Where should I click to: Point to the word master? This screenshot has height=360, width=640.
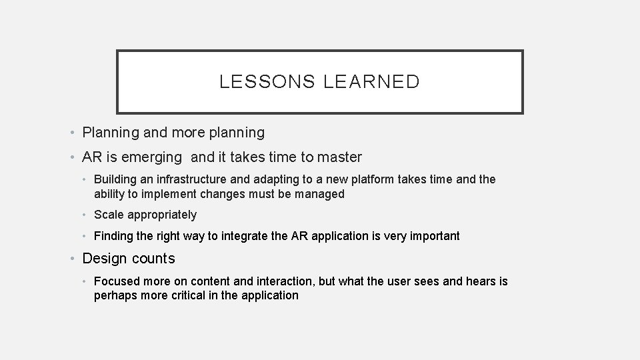coord(340,157)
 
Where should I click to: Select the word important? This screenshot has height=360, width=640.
coord(433,236)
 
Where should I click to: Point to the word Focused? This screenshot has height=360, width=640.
coord(116,281)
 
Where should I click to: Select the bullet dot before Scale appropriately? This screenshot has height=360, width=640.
coord(86,215)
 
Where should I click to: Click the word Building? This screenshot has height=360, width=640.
coord(115,180)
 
